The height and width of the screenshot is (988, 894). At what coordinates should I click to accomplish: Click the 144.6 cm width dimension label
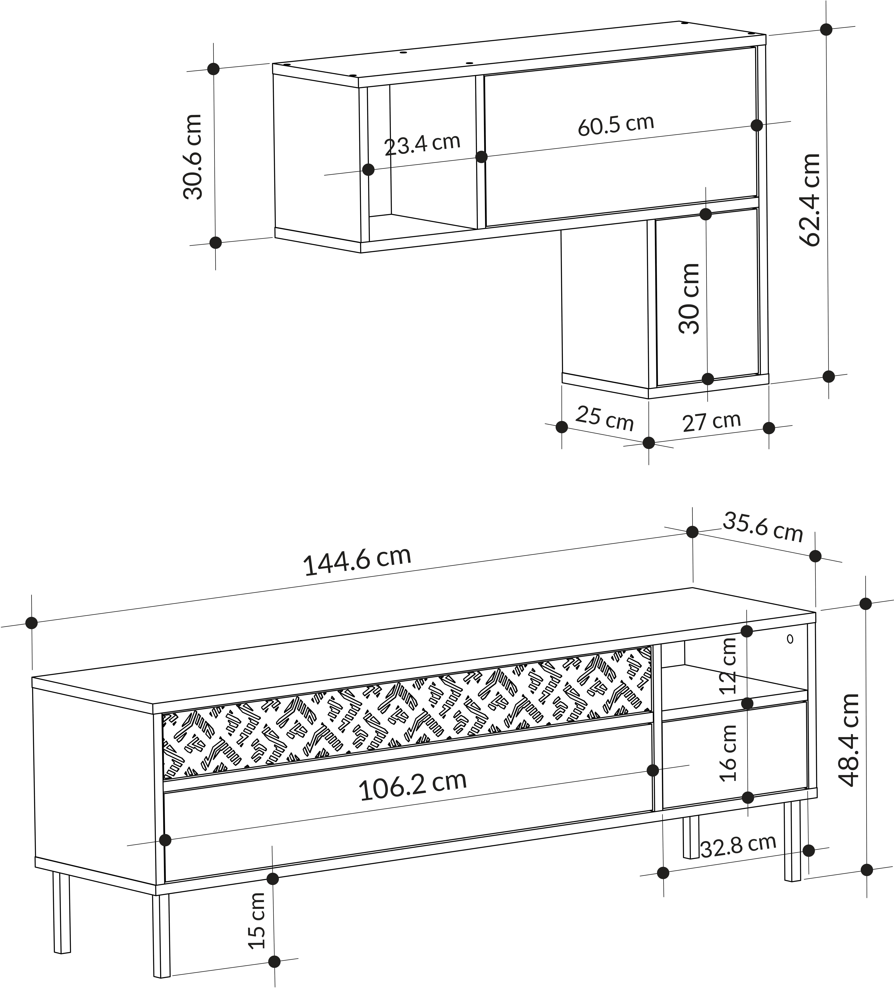tap(357, 561)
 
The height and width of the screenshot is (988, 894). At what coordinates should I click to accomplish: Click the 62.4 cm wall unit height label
tap(809, 199)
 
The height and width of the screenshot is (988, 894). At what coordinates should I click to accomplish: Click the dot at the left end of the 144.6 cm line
tap(31, 623)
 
